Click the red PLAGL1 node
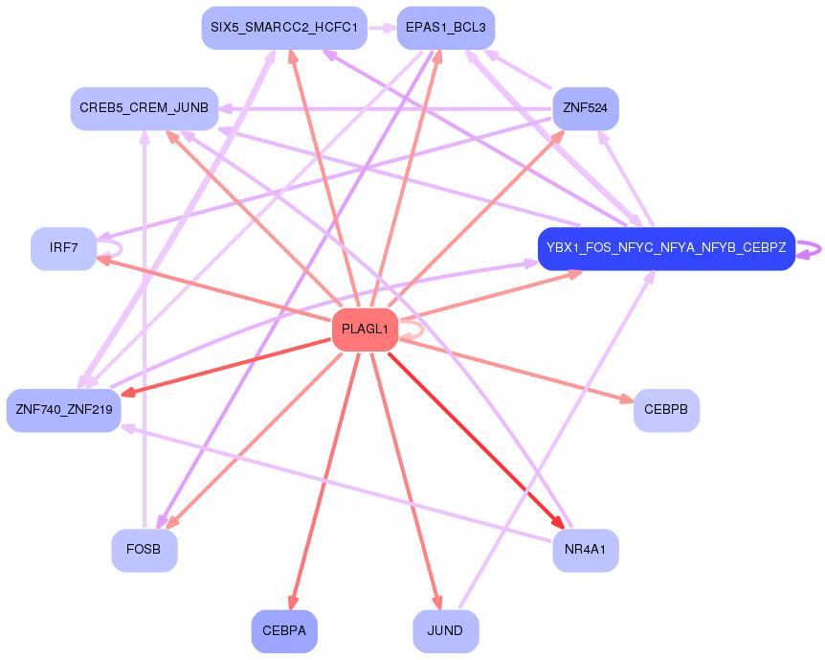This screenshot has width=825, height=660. click(365, 330)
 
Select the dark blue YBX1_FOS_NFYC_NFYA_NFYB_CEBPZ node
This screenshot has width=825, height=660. click(666, 248)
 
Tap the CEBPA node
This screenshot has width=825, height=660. click(284, 630)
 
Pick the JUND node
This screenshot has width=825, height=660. click(445, 630)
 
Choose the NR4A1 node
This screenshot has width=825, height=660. click(585, 550)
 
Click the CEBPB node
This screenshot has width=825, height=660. click(666, 410)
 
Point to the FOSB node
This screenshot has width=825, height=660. click(145, 550)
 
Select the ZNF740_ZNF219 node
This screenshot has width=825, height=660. click(63, 410)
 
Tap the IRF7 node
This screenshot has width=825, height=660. click(63, 248)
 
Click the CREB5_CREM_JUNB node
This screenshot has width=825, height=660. click(145, 108)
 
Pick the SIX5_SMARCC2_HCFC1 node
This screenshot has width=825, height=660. click(284, 28)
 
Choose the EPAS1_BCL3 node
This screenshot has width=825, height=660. click(445, 28)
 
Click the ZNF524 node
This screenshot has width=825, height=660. click(585, 108)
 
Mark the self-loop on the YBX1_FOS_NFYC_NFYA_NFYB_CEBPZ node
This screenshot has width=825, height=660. click(811, 248)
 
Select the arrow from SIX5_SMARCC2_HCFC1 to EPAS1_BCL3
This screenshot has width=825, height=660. click(382, 28)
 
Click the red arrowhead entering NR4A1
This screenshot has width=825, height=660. click(557, 522)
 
